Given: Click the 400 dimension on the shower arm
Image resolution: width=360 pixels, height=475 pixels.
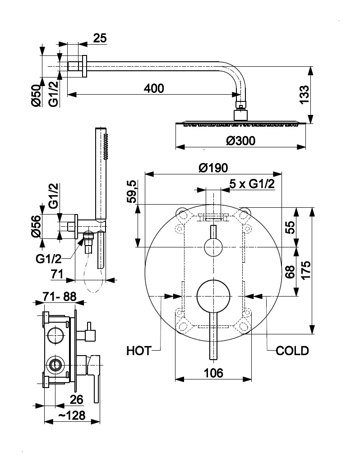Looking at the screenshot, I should tap(154, 88).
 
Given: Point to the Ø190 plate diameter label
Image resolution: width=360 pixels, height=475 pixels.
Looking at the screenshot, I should tap(213, 168).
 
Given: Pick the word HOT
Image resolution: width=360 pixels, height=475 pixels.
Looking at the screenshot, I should tap(138, 350).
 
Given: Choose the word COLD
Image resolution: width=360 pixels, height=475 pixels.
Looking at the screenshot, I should tap(292, 350).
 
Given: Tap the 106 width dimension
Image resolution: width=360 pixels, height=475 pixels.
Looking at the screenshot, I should tap(213, 373).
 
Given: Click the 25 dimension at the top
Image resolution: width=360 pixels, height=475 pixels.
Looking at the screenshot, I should tap(100, 38).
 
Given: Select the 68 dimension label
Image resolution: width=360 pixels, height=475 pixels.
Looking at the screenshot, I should tap(290, 272).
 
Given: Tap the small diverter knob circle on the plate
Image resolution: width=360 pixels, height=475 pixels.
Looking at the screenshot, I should tap(213, 247).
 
